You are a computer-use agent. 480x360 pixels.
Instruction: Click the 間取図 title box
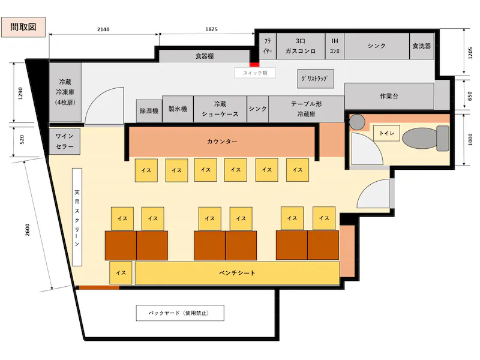tap(23, 27)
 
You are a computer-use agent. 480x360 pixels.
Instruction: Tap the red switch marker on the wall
tap(254, 64)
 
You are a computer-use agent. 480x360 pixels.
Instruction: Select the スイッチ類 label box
tap(255, 73)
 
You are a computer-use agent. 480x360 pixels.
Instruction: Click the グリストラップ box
tap(316, 79)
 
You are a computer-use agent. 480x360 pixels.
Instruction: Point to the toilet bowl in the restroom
tap(425, 139)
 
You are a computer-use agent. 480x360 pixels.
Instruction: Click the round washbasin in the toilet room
tap(357, 122)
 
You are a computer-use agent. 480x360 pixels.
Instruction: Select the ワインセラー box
tap(65, 141)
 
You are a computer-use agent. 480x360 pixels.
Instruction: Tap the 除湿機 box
tap(149, 111)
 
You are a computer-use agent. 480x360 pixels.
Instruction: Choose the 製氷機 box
tap(178, 109)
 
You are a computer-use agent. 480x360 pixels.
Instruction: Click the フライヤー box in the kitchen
tap(268, 46)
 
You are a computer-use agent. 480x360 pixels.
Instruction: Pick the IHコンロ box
tap(335, 46)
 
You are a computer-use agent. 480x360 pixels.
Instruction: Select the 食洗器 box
tap(422, 46)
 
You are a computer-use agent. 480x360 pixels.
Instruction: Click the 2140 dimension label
tap(103, 29)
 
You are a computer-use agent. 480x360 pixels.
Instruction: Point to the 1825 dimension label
tap(211, 29)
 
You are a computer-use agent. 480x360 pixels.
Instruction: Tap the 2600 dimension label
tap(28, 230)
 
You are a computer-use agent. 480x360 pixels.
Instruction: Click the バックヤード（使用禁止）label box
tap(180, 313)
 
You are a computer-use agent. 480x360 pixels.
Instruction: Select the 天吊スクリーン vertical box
tap(77, 217)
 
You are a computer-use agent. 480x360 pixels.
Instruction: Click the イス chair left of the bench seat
tap(121, 273)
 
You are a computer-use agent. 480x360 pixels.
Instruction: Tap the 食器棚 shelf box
tap(205, 56)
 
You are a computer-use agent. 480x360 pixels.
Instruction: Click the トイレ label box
tap(386, 133)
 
